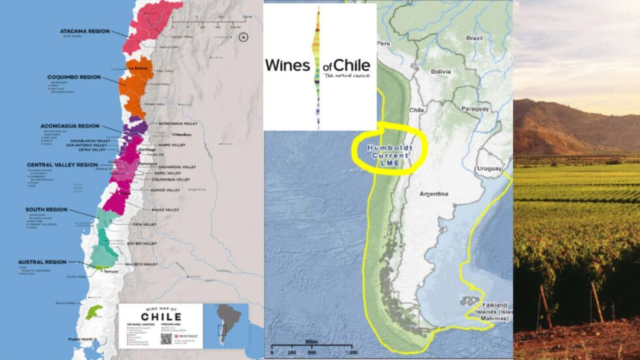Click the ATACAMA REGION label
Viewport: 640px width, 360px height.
click(85, 30)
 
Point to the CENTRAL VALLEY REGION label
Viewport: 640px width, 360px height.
click(63, 165)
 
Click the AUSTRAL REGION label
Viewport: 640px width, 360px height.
click(42, 262)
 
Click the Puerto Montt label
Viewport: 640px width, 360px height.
click(82, 339)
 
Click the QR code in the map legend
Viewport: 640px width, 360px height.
click(167, 338)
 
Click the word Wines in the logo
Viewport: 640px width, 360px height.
click(287, 65)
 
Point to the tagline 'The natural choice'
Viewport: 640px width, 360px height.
click(347, 76)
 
